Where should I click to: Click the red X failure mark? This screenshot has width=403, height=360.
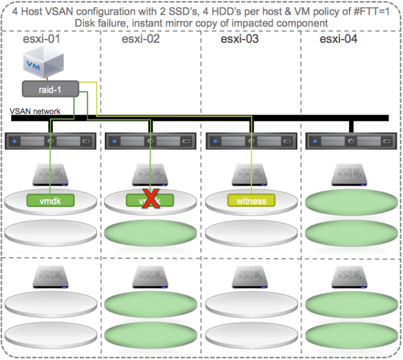click(x=151, y=200)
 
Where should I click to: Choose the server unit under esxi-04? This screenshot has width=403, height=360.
click(x=351, y=141)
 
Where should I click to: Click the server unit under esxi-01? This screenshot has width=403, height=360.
click(x=51, y=141)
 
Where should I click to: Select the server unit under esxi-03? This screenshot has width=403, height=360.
click(x=251, y=141)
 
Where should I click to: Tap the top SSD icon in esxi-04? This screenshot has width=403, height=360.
click(x=351, y=174)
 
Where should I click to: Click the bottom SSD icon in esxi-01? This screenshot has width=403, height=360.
click(x=51, y=276)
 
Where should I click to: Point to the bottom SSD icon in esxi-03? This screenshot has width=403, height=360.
click(x=251, y=276)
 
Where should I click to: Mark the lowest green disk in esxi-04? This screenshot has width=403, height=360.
click(x=351, y=331)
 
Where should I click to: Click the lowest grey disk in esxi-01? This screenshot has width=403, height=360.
click(x=51, y=331)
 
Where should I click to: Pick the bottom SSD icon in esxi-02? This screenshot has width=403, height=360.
click(x=151, y=276)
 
